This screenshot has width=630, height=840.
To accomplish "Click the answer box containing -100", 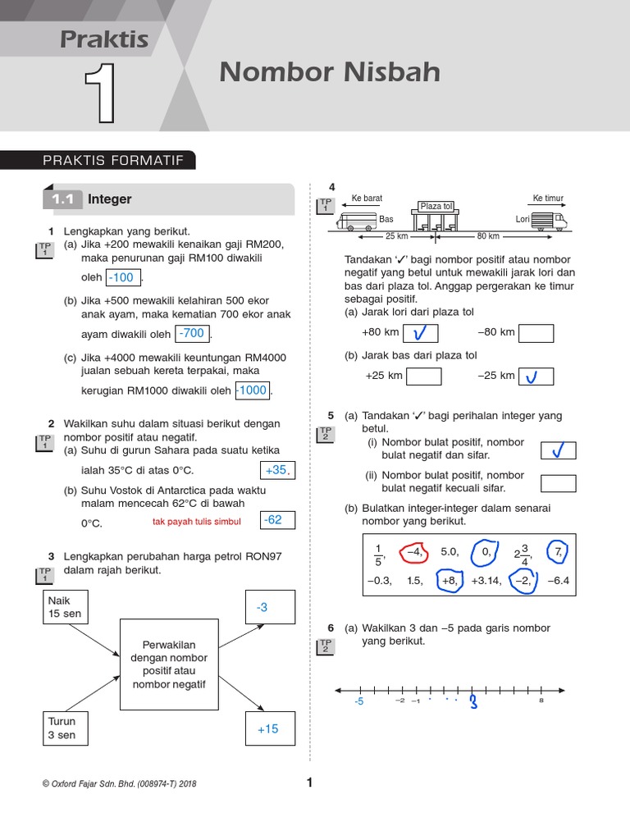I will pyautogui.click(x=124, y=277).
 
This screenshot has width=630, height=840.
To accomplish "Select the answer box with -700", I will pyautogui.click(x=192, y=333).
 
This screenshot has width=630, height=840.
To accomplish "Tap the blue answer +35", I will pyautogui.click(x=275, y=470).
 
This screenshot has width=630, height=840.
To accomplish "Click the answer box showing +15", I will pyautogui.click(x=268, y=728).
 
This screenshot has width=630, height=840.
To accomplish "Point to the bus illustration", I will pyautogui.click(x=356, y=220).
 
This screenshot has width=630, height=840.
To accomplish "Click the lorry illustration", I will pyautogui.click(x=548, y=220).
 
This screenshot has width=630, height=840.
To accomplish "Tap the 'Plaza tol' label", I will pyautogui.click(x=436, y=206).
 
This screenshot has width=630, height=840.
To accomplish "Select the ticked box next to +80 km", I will pyautogui.click(x=420, y=333).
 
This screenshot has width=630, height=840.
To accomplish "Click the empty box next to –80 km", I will pyautogui.click(x=536, y=333).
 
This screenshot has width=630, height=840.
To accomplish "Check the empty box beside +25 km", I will pyautogui.click(x=423, y=377).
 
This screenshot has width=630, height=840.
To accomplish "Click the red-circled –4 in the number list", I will pyautogui.click(x=413, y=553).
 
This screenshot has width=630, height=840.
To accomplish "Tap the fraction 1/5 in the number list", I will pyautogui.click(x=378, y=555).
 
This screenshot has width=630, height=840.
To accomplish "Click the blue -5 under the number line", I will pyautogui.click(x=358, y=702).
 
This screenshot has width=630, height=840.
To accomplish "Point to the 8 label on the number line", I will pyautogui.click(x=541, y=701).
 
